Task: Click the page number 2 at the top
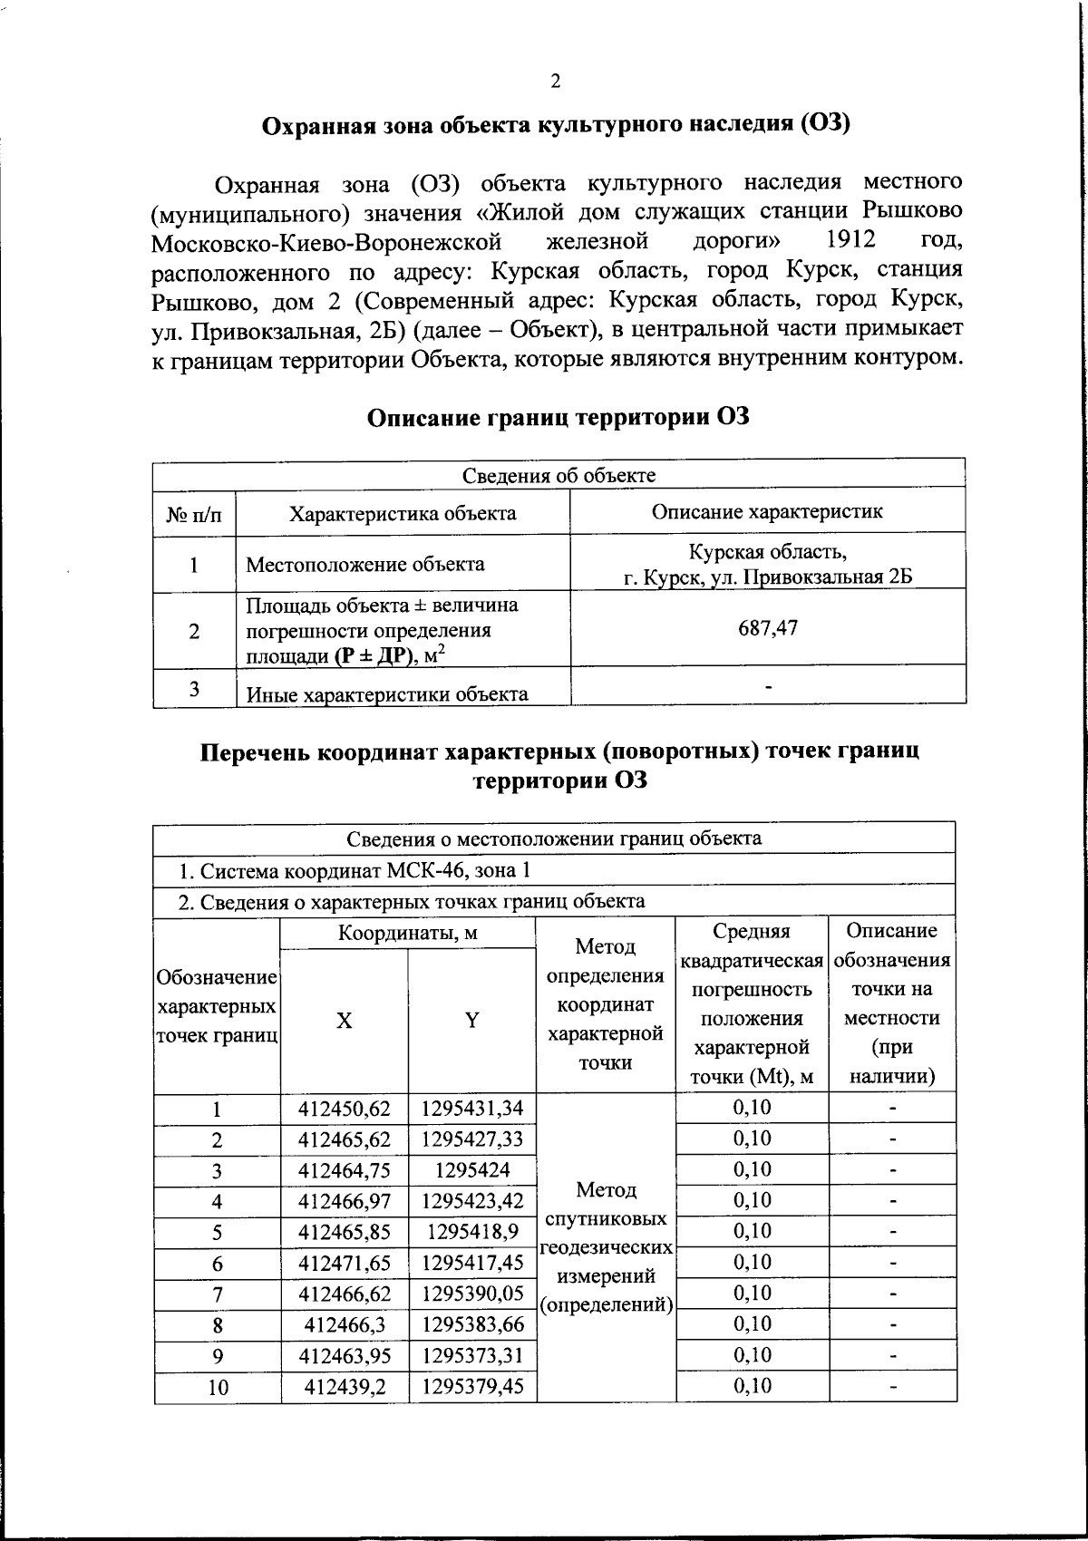pos(555,82)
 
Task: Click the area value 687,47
pos(768,627)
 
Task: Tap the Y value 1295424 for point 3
pos(471,1169)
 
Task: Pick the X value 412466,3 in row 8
pos(345,1324)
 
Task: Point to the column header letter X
pos(345,1020)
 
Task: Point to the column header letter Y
pos(471,1020)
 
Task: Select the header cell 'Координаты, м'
pos(408,933)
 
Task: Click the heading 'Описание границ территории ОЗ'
pos(558,418)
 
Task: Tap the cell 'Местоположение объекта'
pos(366,565)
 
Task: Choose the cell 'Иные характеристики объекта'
pos(387,694)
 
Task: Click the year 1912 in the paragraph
pos(852,241)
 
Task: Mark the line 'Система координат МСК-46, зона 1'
pos(354,871)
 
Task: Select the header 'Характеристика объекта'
pos(403,513)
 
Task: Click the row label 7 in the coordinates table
pos(218,1294)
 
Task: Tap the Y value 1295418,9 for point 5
pos(471,1231)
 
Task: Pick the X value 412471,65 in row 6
pos(345,1263)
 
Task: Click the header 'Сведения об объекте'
pos(559,475)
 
